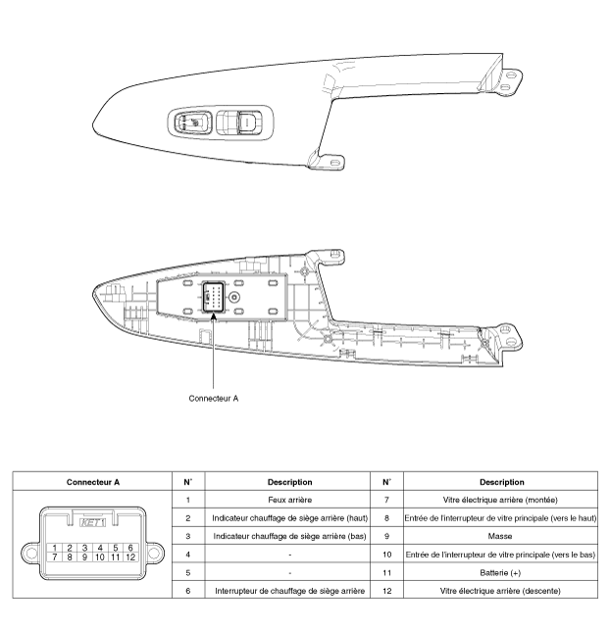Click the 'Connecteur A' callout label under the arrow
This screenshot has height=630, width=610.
(213, 399)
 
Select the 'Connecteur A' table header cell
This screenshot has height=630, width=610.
(92, 482)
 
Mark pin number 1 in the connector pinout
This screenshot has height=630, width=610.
(57, 547)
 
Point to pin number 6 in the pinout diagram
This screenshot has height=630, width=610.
(129, 547)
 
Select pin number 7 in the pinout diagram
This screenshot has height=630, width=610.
(57, 557)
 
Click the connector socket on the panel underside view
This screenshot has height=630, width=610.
(213, 297)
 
